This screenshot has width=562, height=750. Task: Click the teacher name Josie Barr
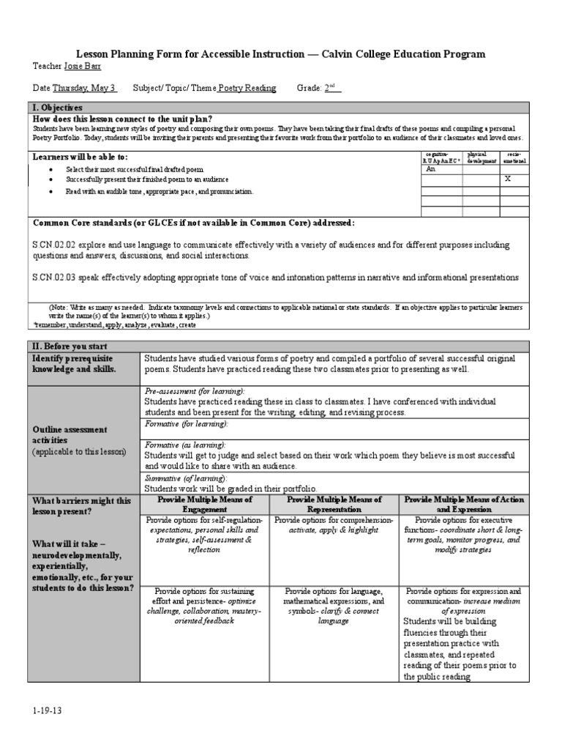click(x=83, y=66)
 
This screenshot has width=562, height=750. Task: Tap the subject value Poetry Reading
click(x=247, y=88)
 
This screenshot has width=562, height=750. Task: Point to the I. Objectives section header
click(x=56, y=108)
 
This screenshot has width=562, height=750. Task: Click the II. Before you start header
click(x=69, y=346)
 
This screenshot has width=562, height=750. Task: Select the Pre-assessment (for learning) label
click(x=195, y=392)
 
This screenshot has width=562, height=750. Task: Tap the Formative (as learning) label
click(x=185, y=445)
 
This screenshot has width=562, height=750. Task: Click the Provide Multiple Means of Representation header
click(x=334, y=504)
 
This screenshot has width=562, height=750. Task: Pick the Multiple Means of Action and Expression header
click(x=464, y=504)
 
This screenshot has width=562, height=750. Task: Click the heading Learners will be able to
click(x=80, y=157)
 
